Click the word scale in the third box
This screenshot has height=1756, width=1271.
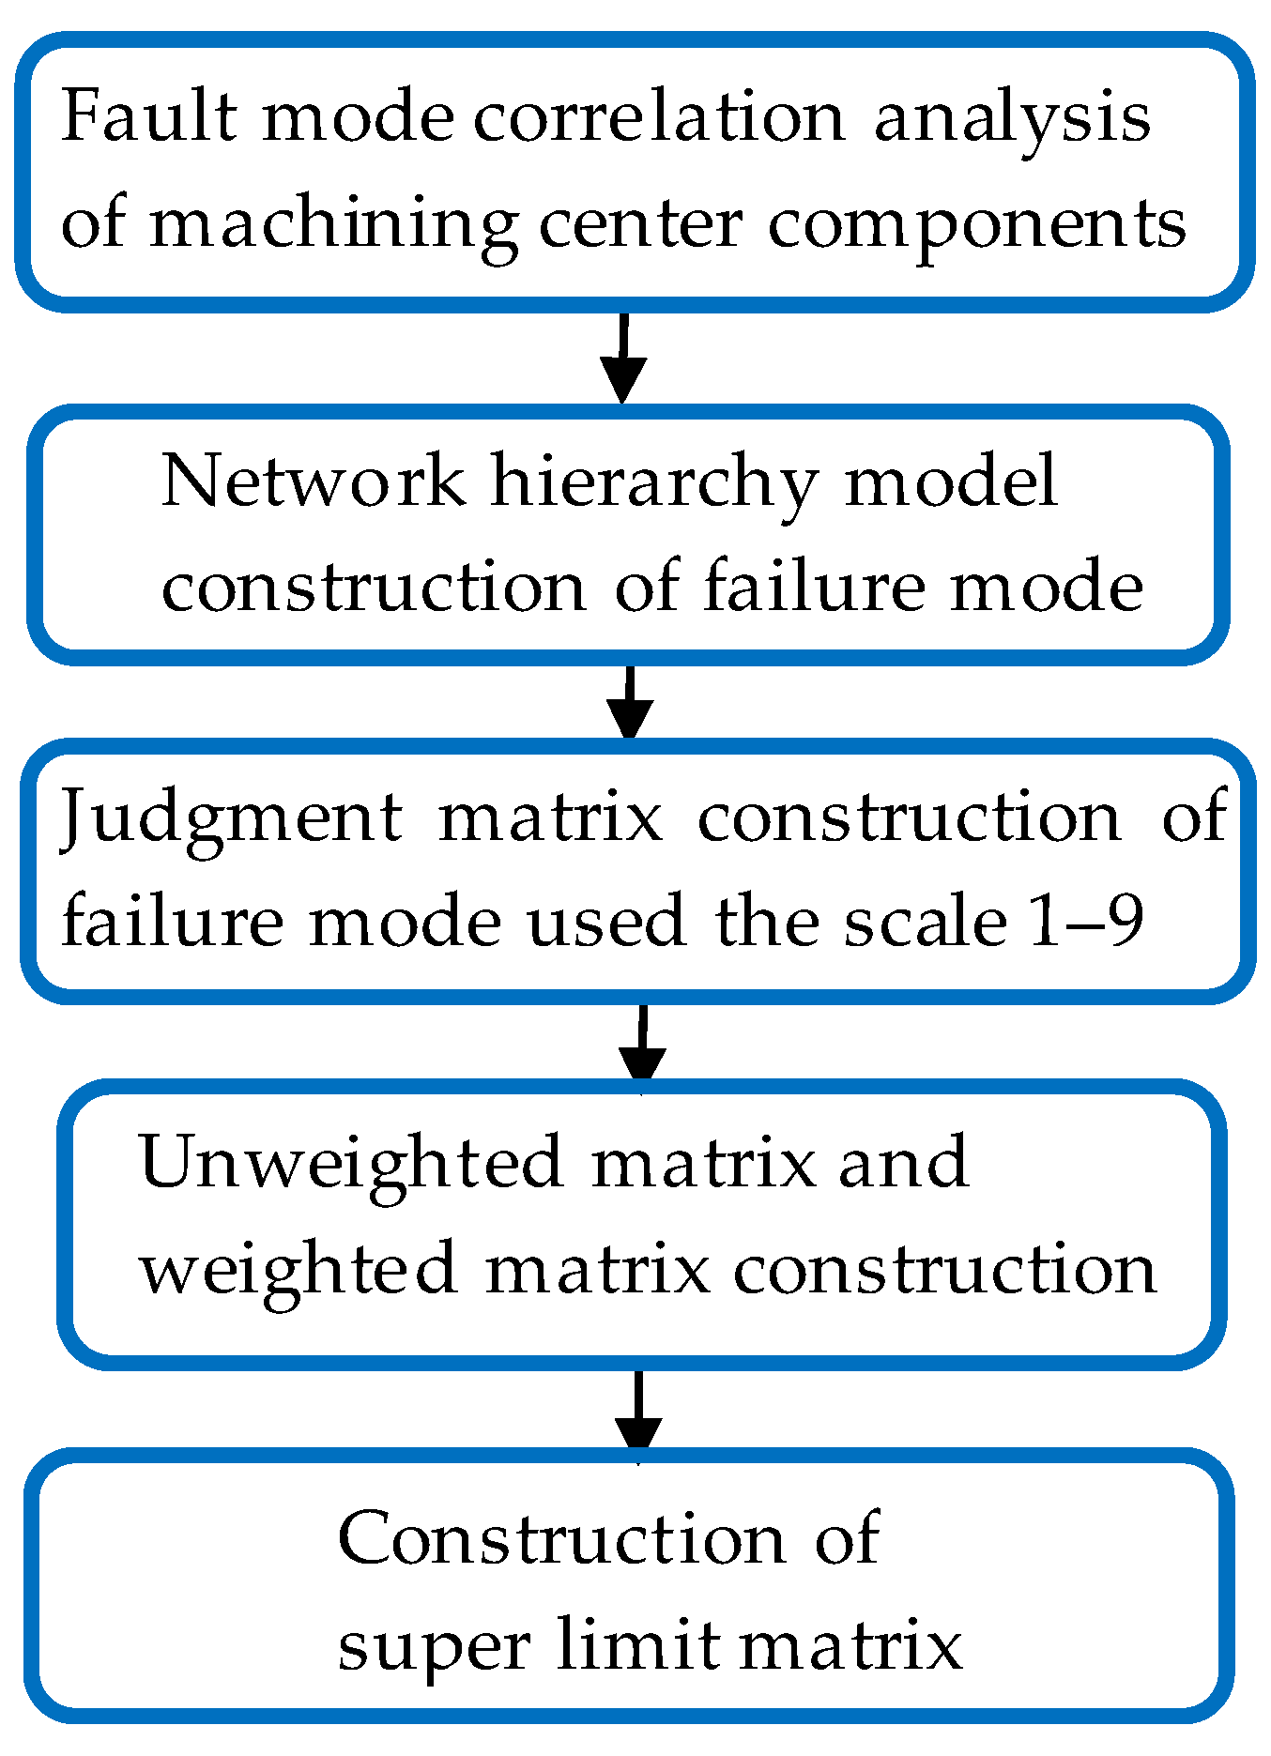tap(925, 923)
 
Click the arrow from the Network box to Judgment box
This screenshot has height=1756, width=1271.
tap(630, 704)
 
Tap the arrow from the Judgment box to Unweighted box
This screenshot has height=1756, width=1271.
tap(642, 1046)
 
